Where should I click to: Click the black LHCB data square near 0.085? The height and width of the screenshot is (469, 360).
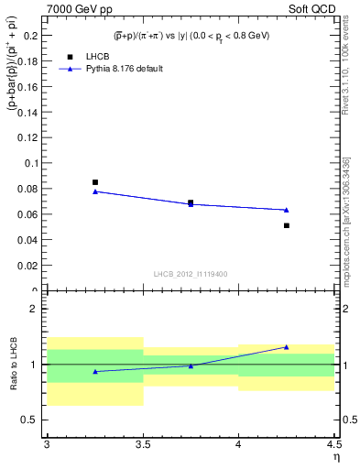click(x=95, y=182)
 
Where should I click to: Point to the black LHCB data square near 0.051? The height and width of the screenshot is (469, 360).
click(x=287, y=225)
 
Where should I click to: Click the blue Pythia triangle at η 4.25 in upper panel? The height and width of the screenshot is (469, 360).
click(x=287, y=210)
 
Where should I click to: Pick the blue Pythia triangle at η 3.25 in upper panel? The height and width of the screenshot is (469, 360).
click(x=95, y=191)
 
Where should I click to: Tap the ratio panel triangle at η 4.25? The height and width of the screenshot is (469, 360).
click(x=287, y=347)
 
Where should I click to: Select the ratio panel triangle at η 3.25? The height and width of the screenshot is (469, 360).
click(x=95, y=371)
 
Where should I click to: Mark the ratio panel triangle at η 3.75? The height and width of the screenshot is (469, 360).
click(x=191, y=365)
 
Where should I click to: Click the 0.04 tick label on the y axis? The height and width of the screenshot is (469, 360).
click(x=29, y=240)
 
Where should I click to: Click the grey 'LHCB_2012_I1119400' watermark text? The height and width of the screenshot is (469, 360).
click(x=191, y=274)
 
